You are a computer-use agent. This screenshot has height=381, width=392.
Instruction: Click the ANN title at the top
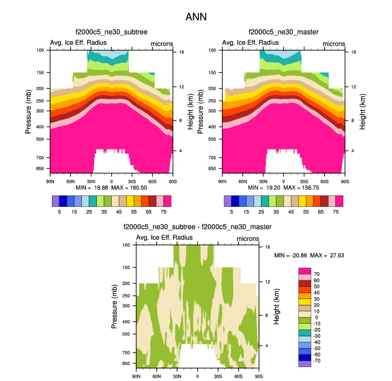[x=196, y=17]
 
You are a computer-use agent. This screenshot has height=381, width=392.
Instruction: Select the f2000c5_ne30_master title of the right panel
[x=283, y=32]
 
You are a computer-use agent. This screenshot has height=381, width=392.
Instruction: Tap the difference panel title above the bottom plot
[x=197, y=227]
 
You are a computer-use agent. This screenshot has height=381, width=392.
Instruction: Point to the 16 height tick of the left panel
[x=182, y=52]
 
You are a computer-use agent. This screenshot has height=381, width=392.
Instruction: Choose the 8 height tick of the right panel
[x=352, y=121]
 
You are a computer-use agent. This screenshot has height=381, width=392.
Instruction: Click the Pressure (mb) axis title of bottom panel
[x=115, y=307]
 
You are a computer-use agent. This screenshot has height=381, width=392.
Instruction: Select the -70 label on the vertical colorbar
[x=316, y=363]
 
